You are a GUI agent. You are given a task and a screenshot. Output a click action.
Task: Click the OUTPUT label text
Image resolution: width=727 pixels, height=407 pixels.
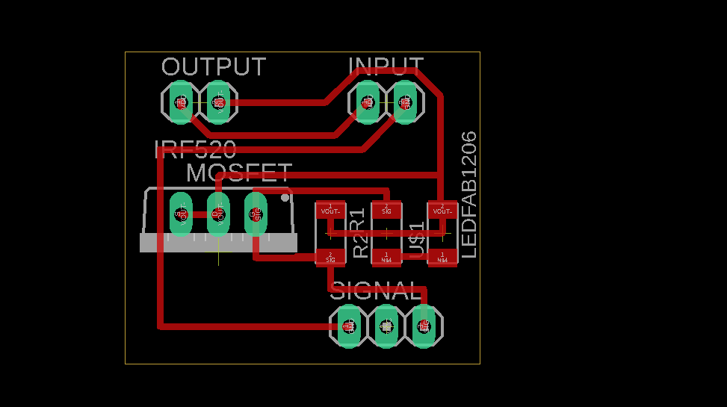point(213,67)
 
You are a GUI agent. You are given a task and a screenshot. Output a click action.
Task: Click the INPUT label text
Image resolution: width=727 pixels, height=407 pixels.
point(386,67)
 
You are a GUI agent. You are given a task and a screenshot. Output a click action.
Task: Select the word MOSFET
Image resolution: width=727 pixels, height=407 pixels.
point(238,173)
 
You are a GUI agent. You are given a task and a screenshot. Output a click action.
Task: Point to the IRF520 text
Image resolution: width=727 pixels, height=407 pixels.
point(195,149)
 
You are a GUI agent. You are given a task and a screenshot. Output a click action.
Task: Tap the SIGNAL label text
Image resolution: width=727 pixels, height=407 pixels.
point(376,291)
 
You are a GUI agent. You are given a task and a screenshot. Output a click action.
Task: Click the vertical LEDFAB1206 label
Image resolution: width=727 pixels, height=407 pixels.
point(468,195)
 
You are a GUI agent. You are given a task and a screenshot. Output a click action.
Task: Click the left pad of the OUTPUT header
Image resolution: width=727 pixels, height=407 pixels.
point(180,102)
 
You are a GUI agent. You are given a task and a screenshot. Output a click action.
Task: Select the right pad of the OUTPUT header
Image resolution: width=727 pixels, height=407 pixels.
point(217,102)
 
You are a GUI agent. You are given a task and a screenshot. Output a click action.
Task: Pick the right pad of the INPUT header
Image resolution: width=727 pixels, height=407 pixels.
point(404,102)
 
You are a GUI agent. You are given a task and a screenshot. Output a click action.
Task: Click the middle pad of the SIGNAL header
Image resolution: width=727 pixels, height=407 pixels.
point(386,326)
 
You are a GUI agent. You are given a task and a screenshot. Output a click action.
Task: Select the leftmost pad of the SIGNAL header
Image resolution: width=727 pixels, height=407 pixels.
point(348,326)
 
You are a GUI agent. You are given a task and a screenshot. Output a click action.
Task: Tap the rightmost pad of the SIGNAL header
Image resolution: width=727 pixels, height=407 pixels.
point(423,326)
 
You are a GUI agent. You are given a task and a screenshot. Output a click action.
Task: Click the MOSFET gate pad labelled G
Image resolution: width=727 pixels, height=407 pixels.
point(180,214)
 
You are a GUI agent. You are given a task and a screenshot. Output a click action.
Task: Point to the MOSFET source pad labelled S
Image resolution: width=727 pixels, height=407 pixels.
point(256,214)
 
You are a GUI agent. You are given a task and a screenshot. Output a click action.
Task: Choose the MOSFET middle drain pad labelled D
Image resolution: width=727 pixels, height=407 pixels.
point(217,214)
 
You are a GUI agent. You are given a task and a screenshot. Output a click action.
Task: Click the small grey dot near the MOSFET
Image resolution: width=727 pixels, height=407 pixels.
point(285,198)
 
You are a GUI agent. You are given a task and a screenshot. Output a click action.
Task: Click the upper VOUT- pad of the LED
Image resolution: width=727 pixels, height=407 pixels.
point(442,209)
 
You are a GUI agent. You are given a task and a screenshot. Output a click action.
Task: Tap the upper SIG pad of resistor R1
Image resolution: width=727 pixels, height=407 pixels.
point(386,209)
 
